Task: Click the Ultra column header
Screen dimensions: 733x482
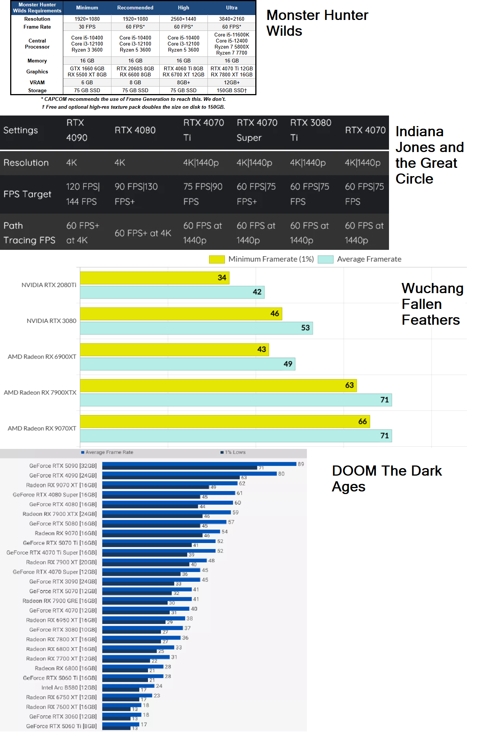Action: click(232, 8)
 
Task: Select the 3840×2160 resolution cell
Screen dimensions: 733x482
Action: click(232, 19)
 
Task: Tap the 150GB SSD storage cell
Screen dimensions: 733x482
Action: click(232, 90)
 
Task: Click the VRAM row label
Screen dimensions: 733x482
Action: click(37, 82)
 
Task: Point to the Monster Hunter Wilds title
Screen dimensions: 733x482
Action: click(317, 23)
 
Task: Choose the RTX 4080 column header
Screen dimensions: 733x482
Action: click(135, 130)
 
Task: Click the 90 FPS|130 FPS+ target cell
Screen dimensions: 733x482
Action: click(136, 194)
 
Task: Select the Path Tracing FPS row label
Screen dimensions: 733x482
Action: click(29, 233)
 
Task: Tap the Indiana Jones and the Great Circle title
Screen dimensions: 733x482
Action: click(429, 155)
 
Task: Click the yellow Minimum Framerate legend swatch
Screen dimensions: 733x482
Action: click(217, 259)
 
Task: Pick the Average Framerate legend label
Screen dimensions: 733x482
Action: click(369, 259)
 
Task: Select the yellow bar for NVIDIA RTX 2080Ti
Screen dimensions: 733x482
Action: click(154, 278)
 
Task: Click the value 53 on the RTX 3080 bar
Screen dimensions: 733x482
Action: click(305, 328)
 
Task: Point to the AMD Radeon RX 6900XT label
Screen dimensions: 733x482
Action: click(42, 357)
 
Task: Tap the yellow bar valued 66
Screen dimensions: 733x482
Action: click(225, 421)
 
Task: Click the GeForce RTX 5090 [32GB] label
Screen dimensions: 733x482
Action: click(63, 466)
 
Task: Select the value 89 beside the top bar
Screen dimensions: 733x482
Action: click(300, 464)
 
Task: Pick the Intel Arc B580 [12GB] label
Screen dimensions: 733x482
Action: click(69, 687)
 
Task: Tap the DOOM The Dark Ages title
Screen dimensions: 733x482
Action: click(386, 479)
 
